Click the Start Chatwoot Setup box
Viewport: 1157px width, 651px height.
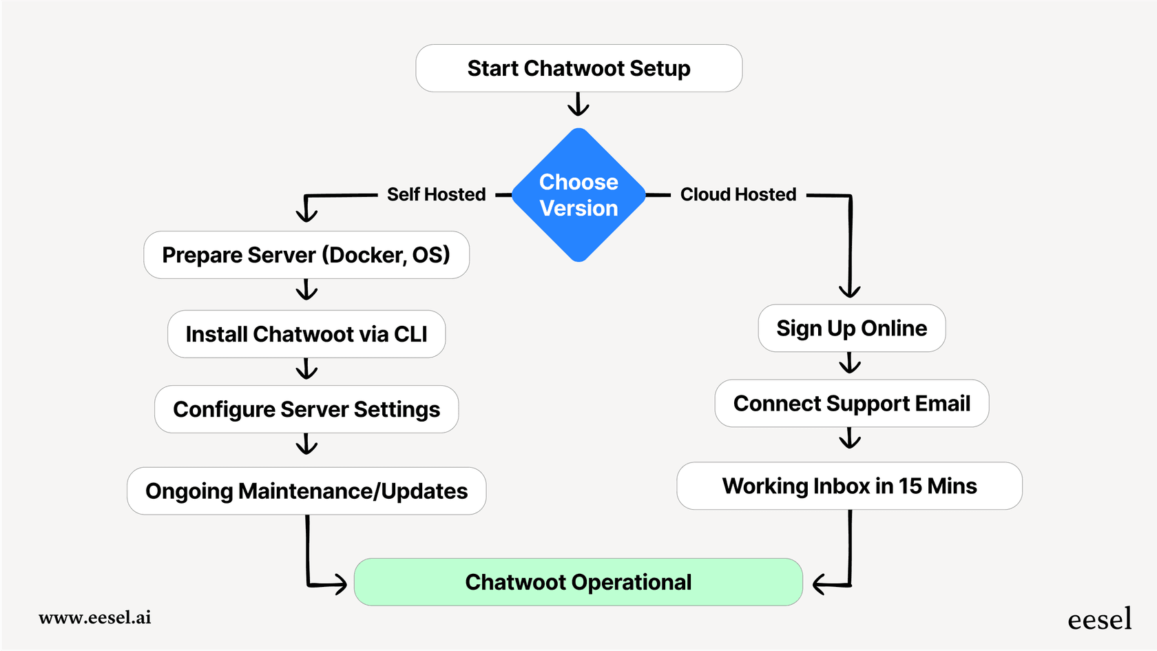tap(578, 68)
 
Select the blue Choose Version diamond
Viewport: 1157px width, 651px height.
tap(578, 195)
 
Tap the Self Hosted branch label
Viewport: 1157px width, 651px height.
tap(436, 195)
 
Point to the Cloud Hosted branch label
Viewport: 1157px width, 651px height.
tap(738, 195)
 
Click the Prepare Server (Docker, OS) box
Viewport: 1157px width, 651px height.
tap(306, 255)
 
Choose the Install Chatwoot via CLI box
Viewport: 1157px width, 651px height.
tap(306, 334)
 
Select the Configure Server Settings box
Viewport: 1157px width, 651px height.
tap(306, 409)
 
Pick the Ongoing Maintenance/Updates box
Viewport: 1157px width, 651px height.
tap(306, 491)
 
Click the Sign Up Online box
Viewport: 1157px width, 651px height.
tap(851, 329)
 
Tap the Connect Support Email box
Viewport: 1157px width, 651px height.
tap(851, 404)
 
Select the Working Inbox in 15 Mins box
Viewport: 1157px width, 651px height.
tap(849, 486)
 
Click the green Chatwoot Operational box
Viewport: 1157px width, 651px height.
tap(578, 582)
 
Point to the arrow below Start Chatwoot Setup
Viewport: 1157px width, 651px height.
tap(578, 105)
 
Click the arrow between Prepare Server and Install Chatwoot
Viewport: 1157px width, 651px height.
tap(306, 290)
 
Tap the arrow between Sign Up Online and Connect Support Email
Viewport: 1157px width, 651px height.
tap(851, 363)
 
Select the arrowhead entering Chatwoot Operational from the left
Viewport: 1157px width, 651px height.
tap(339, 585)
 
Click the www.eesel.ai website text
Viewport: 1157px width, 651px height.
tap(95, 617)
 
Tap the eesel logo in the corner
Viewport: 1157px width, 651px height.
tap(1099, 619)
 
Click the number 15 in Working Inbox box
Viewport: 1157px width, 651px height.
tap(910, 486)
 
